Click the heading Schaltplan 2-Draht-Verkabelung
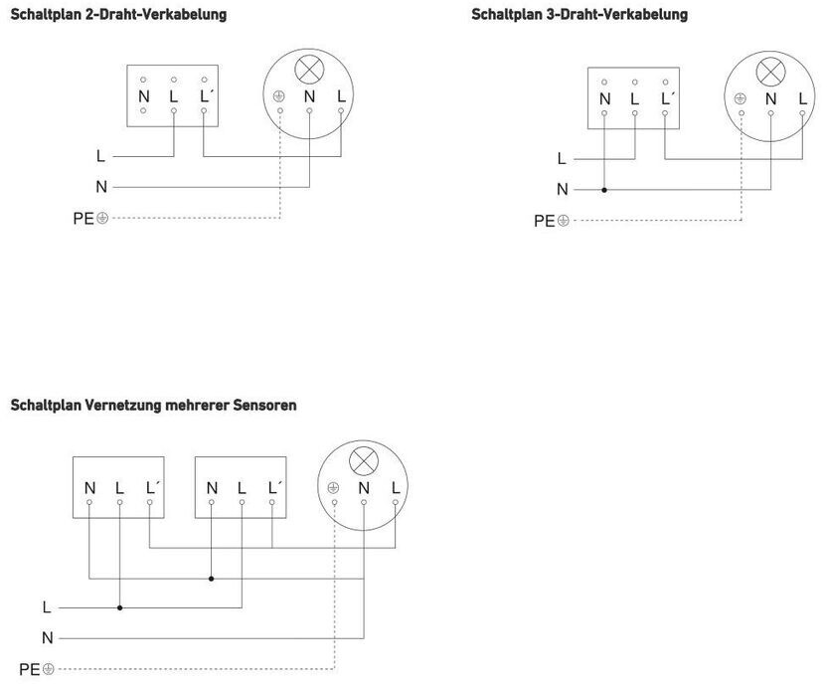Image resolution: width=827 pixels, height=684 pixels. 118,15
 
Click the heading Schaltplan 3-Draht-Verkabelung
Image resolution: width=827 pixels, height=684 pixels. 579,15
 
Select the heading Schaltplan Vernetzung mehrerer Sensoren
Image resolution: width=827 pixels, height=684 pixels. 153,406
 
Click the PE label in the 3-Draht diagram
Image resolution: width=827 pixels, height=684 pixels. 545,221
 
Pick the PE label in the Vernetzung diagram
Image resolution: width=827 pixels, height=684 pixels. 30,669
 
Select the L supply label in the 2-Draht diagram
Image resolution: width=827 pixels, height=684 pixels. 100,156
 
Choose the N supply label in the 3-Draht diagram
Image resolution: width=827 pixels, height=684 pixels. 562,189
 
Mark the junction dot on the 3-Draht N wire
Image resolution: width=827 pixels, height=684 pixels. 604,189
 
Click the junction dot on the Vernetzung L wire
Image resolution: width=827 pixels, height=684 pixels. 119,606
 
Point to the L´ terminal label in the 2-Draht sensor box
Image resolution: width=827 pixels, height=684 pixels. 206,96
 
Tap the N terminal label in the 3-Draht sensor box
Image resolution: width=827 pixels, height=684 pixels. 604,98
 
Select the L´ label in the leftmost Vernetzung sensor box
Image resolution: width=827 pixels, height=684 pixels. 152,488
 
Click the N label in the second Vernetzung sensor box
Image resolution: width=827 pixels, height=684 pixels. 212,488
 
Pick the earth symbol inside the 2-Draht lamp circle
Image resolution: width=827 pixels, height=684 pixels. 279,96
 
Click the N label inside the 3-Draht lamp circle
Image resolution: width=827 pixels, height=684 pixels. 770,98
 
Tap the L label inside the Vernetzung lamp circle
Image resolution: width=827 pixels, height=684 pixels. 396,488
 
